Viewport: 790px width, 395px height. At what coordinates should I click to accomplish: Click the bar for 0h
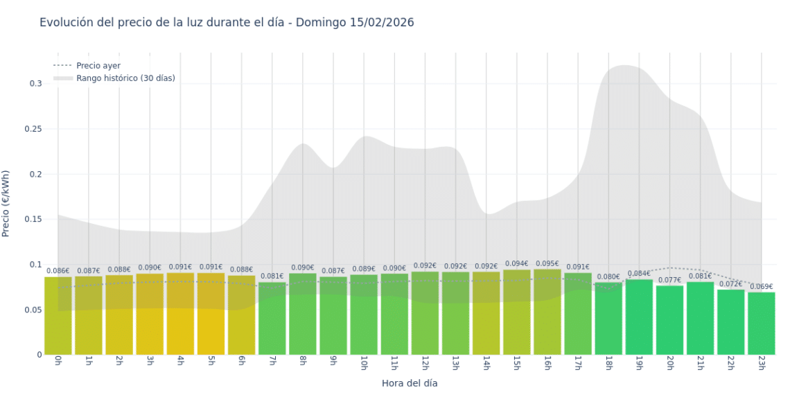pyautogui.click(x=58, y=316)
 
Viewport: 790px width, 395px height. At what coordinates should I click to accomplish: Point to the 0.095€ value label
pyautogui.click(x=547, y=263)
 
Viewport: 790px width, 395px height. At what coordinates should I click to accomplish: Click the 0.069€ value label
pyautogui.click(x=761, y=287)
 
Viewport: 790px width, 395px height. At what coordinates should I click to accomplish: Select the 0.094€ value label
pyautogui.click(x=516, y=264)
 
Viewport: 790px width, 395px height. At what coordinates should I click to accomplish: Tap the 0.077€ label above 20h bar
pyautogui.click(x=669, y=280)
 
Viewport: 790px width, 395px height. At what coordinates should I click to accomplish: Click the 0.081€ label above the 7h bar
pyautogui.click(x=272, y=276)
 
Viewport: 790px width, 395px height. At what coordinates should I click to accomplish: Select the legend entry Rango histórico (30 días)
pyautogui.click(x=125, y=78)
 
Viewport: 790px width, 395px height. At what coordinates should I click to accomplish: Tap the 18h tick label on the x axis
pyautogui.click(x=608, y=364)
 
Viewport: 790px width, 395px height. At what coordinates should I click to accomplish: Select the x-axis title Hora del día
pyautogui.click(x=410, y=383)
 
